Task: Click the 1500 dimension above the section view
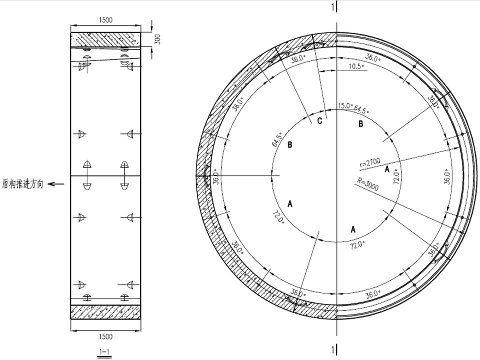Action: [x=105, y=20]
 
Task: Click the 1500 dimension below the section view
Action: [x=105, y=336]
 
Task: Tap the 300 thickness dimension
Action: [x=157, y=39]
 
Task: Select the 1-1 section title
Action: [x=104, y=351]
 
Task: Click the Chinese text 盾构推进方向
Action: [x=22, y=184]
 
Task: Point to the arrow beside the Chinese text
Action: [x=56, y=184]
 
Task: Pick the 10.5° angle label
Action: [x=356, y=66]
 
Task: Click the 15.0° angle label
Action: [x=345, y=106]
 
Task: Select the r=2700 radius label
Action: [x=370, y=163]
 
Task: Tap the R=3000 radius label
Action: [x=368, y=183]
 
